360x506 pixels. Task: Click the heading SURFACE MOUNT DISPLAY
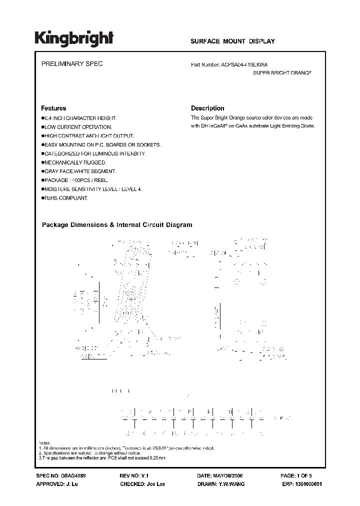click(x=232, y=41)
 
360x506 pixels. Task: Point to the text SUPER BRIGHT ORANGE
click(x=282, y=73)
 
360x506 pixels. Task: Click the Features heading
click(x=53, y=108)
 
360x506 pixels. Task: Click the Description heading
click(x=207, y=108)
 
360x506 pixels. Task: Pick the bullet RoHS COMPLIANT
click(x=66, y=198)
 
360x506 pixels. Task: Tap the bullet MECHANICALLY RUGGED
click(x=75, y=162)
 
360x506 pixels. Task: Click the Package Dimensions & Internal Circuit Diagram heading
click(x=116, y=225)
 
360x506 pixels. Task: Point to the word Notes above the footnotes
click(x=44, y=443)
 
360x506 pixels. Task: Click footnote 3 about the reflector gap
click(x=102, y=458)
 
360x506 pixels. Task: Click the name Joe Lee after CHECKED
click(x=154, y=484)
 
